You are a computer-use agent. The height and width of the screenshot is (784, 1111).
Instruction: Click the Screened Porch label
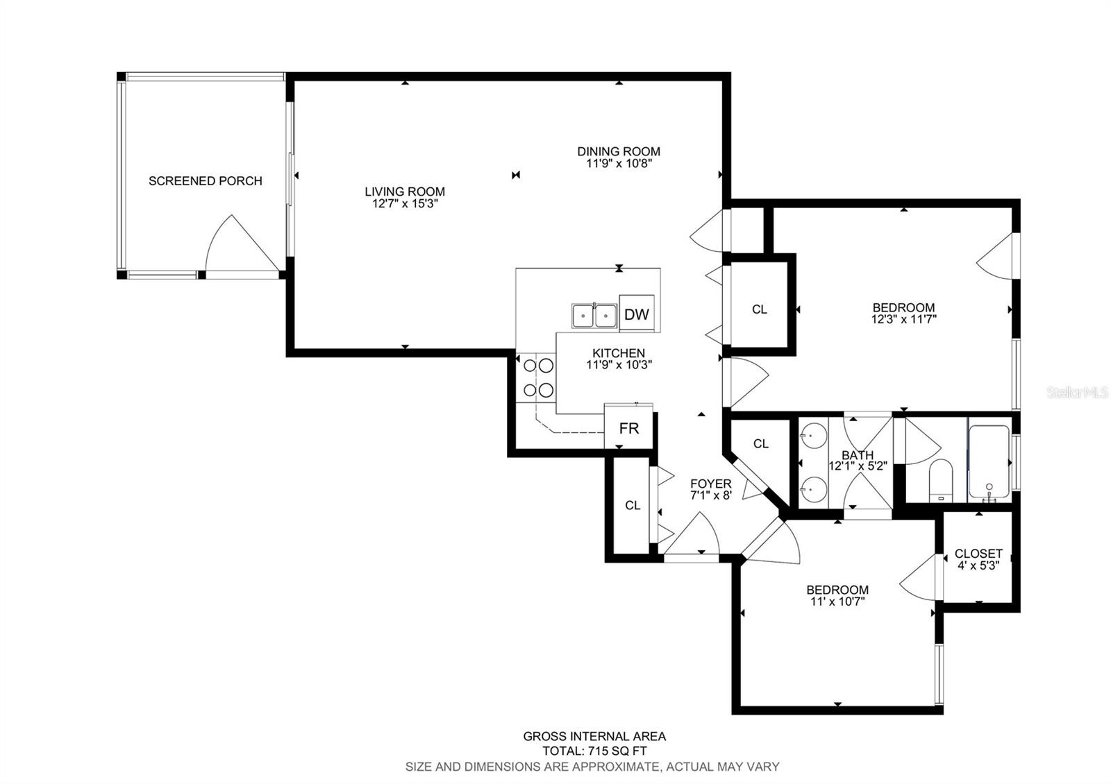pos(206,181)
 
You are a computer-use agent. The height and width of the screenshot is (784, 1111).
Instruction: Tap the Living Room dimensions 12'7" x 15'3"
pos(405,204)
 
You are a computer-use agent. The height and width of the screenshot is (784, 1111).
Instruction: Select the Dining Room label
pos(619,151)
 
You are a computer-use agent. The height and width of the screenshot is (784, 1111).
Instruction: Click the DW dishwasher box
pos(637,313)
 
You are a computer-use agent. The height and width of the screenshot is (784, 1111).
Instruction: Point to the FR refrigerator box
pos(629,427)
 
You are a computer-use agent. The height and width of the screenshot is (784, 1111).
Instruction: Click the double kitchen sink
pos(594,316)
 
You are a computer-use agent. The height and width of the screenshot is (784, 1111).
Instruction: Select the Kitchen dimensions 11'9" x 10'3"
pos(619,365)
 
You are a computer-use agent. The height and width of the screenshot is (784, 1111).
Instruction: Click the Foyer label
pos(711,483)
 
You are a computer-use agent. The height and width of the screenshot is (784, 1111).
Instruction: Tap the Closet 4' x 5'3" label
pos(978,559)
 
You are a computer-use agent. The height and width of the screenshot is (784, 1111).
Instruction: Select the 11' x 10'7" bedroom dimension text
pos(837,602)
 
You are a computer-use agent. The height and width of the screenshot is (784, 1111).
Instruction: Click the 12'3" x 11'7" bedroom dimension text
pos(903,320)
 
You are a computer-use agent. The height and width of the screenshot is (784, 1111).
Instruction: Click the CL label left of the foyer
pos(633,505)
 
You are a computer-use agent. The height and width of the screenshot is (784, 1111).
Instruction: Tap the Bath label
pos(858,455)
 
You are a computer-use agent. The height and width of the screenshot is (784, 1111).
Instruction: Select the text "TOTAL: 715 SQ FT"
pos(594,751)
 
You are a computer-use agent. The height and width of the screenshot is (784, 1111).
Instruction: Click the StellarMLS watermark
pos(1077,393)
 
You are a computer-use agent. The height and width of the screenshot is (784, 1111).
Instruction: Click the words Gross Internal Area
pos(594,736)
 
